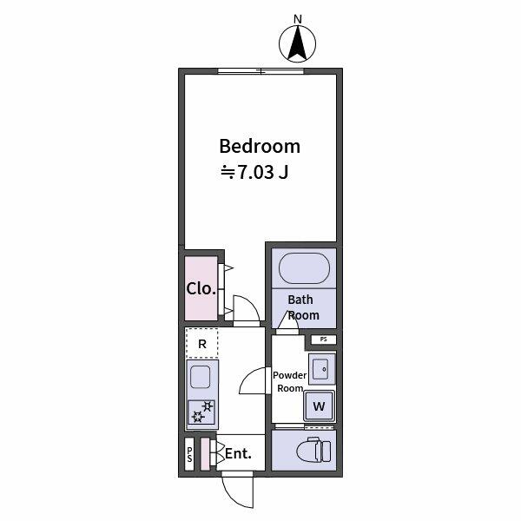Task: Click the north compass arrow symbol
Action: (x=298, y=43)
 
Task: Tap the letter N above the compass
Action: (x=298, y=18)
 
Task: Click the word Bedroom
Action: (x=259, y=146)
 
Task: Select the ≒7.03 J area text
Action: (x=254, y=172)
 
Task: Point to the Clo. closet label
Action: (x=201, y=288)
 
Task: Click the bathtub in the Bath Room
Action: (x=302, y=267)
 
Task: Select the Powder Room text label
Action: (x=289, y=382)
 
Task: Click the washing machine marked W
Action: (x=319, y=406)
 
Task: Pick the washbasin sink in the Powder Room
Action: (x=321, y=370)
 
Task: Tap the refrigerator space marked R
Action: (x=201, y=344)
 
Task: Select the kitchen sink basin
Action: (x=201, y=378)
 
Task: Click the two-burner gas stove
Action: (x=201, y=412)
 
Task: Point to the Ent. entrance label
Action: (x=238, y=453)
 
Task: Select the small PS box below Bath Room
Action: (x=323, y=339)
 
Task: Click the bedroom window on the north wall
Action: (x=260, y=71)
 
